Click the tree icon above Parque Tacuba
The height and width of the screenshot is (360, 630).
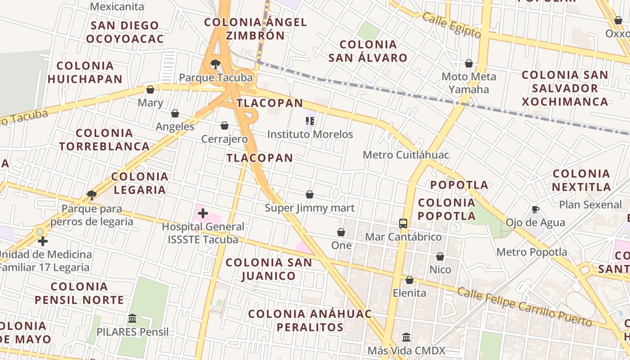coord(216,64)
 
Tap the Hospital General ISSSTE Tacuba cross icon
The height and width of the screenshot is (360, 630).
coord(203,213)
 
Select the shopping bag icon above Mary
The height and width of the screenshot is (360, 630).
coord(150,90)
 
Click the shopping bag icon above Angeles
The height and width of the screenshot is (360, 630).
coord(175,113)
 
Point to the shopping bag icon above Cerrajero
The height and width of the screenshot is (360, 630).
coord(225,126)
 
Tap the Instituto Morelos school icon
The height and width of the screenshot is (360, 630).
coord(310,121)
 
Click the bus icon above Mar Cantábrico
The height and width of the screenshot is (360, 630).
coord(403,223)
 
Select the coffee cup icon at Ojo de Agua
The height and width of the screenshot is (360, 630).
coord(535,209)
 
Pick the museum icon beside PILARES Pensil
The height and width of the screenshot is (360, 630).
coord(132,319)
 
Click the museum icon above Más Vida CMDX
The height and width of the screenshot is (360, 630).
coord(406,337)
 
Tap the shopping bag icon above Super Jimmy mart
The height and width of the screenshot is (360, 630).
coord(310,194)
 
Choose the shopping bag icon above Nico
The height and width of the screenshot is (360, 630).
coord(440,256)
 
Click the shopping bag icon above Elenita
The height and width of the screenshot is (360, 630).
coord(409,280)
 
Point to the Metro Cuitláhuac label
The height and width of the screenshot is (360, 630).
coord(406,155)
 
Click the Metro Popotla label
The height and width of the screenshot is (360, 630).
coord(532,252)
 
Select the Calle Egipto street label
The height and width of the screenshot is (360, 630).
coord(451,25)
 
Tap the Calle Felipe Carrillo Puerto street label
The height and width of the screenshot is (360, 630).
coord(524,306)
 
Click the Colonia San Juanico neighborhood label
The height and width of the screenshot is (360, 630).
coord(269,269)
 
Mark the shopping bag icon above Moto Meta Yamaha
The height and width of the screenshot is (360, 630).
coord(469,63)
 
